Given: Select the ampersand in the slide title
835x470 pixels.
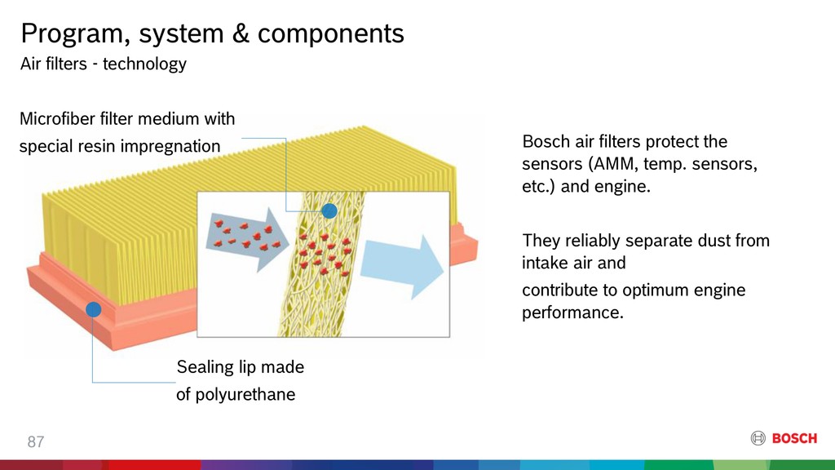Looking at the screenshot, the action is point(241,33).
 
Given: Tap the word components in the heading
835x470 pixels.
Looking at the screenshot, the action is point(331,34).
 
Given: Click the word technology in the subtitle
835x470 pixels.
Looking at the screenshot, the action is point(144,64).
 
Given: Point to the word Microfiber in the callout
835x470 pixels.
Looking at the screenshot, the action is point(57,118).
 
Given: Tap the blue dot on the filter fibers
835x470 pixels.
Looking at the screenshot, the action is point(329,211).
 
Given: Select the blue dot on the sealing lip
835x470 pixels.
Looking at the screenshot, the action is point(93,309).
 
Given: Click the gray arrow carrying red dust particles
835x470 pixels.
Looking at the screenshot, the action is point(247,239).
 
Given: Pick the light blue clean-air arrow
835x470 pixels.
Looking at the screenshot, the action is point(402,267).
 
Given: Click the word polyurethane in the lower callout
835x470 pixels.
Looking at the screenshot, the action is point(245,395).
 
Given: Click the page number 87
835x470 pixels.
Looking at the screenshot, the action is point(36,441).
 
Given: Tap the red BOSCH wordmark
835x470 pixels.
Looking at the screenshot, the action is point(794,438).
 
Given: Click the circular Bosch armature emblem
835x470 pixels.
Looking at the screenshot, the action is point(758,438).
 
